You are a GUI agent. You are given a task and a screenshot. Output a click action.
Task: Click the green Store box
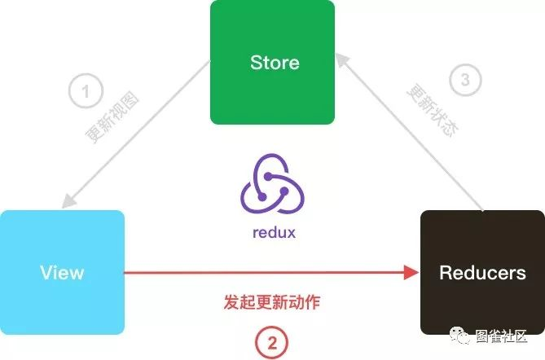point(272,62)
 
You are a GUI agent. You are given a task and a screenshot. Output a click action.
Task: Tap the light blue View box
point(62,272)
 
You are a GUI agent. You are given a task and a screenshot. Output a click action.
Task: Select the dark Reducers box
point(482,272)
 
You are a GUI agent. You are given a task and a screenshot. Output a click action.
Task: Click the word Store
point(275,63)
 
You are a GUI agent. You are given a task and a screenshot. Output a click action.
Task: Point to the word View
point(62,272)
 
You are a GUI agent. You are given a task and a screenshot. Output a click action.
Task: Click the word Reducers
point(482,273)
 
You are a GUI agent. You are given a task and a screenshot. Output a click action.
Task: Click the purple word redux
point(274,233)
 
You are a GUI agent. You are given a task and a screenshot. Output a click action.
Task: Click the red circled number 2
point(271,340)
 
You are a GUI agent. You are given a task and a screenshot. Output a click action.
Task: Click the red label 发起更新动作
point(271,303)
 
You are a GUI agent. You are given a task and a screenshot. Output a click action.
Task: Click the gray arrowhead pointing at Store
point(345,61)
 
